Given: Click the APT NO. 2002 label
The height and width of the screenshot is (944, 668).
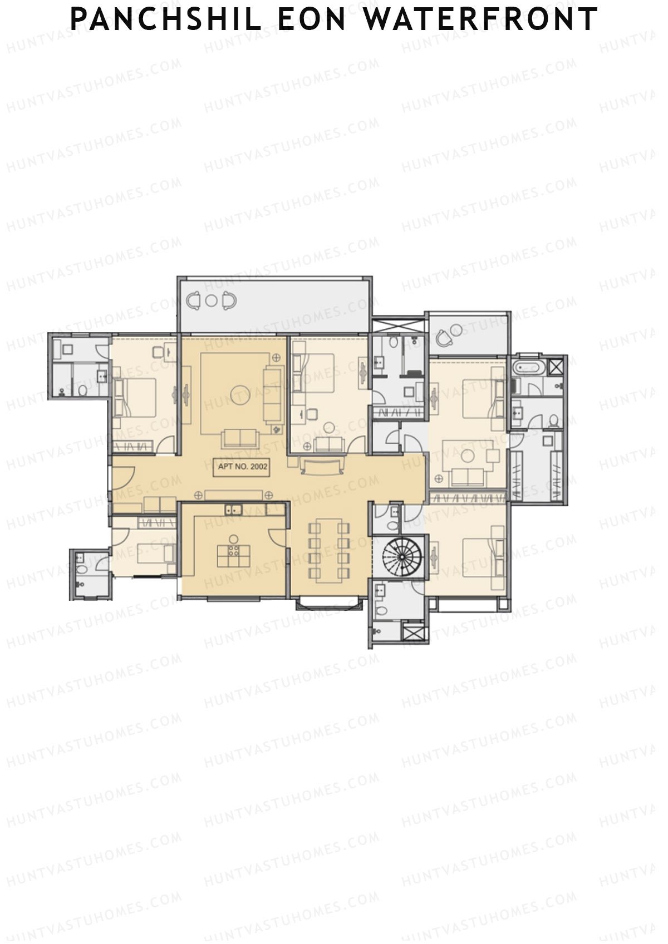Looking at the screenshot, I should pos(243,466).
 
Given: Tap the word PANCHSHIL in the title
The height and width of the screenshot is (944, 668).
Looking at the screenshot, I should pos(166,19).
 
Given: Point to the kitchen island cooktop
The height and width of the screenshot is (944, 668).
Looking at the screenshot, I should pos(233,552).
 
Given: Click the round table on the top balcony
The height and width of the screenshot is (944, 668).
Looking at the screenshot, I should pos(211,301).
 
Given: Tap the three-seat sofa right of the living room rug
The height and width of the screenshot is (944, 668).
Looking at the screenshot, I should pos(274,393).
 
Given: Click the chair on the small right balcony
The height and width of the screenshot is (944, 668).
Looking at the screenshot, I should pos(444,337).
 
